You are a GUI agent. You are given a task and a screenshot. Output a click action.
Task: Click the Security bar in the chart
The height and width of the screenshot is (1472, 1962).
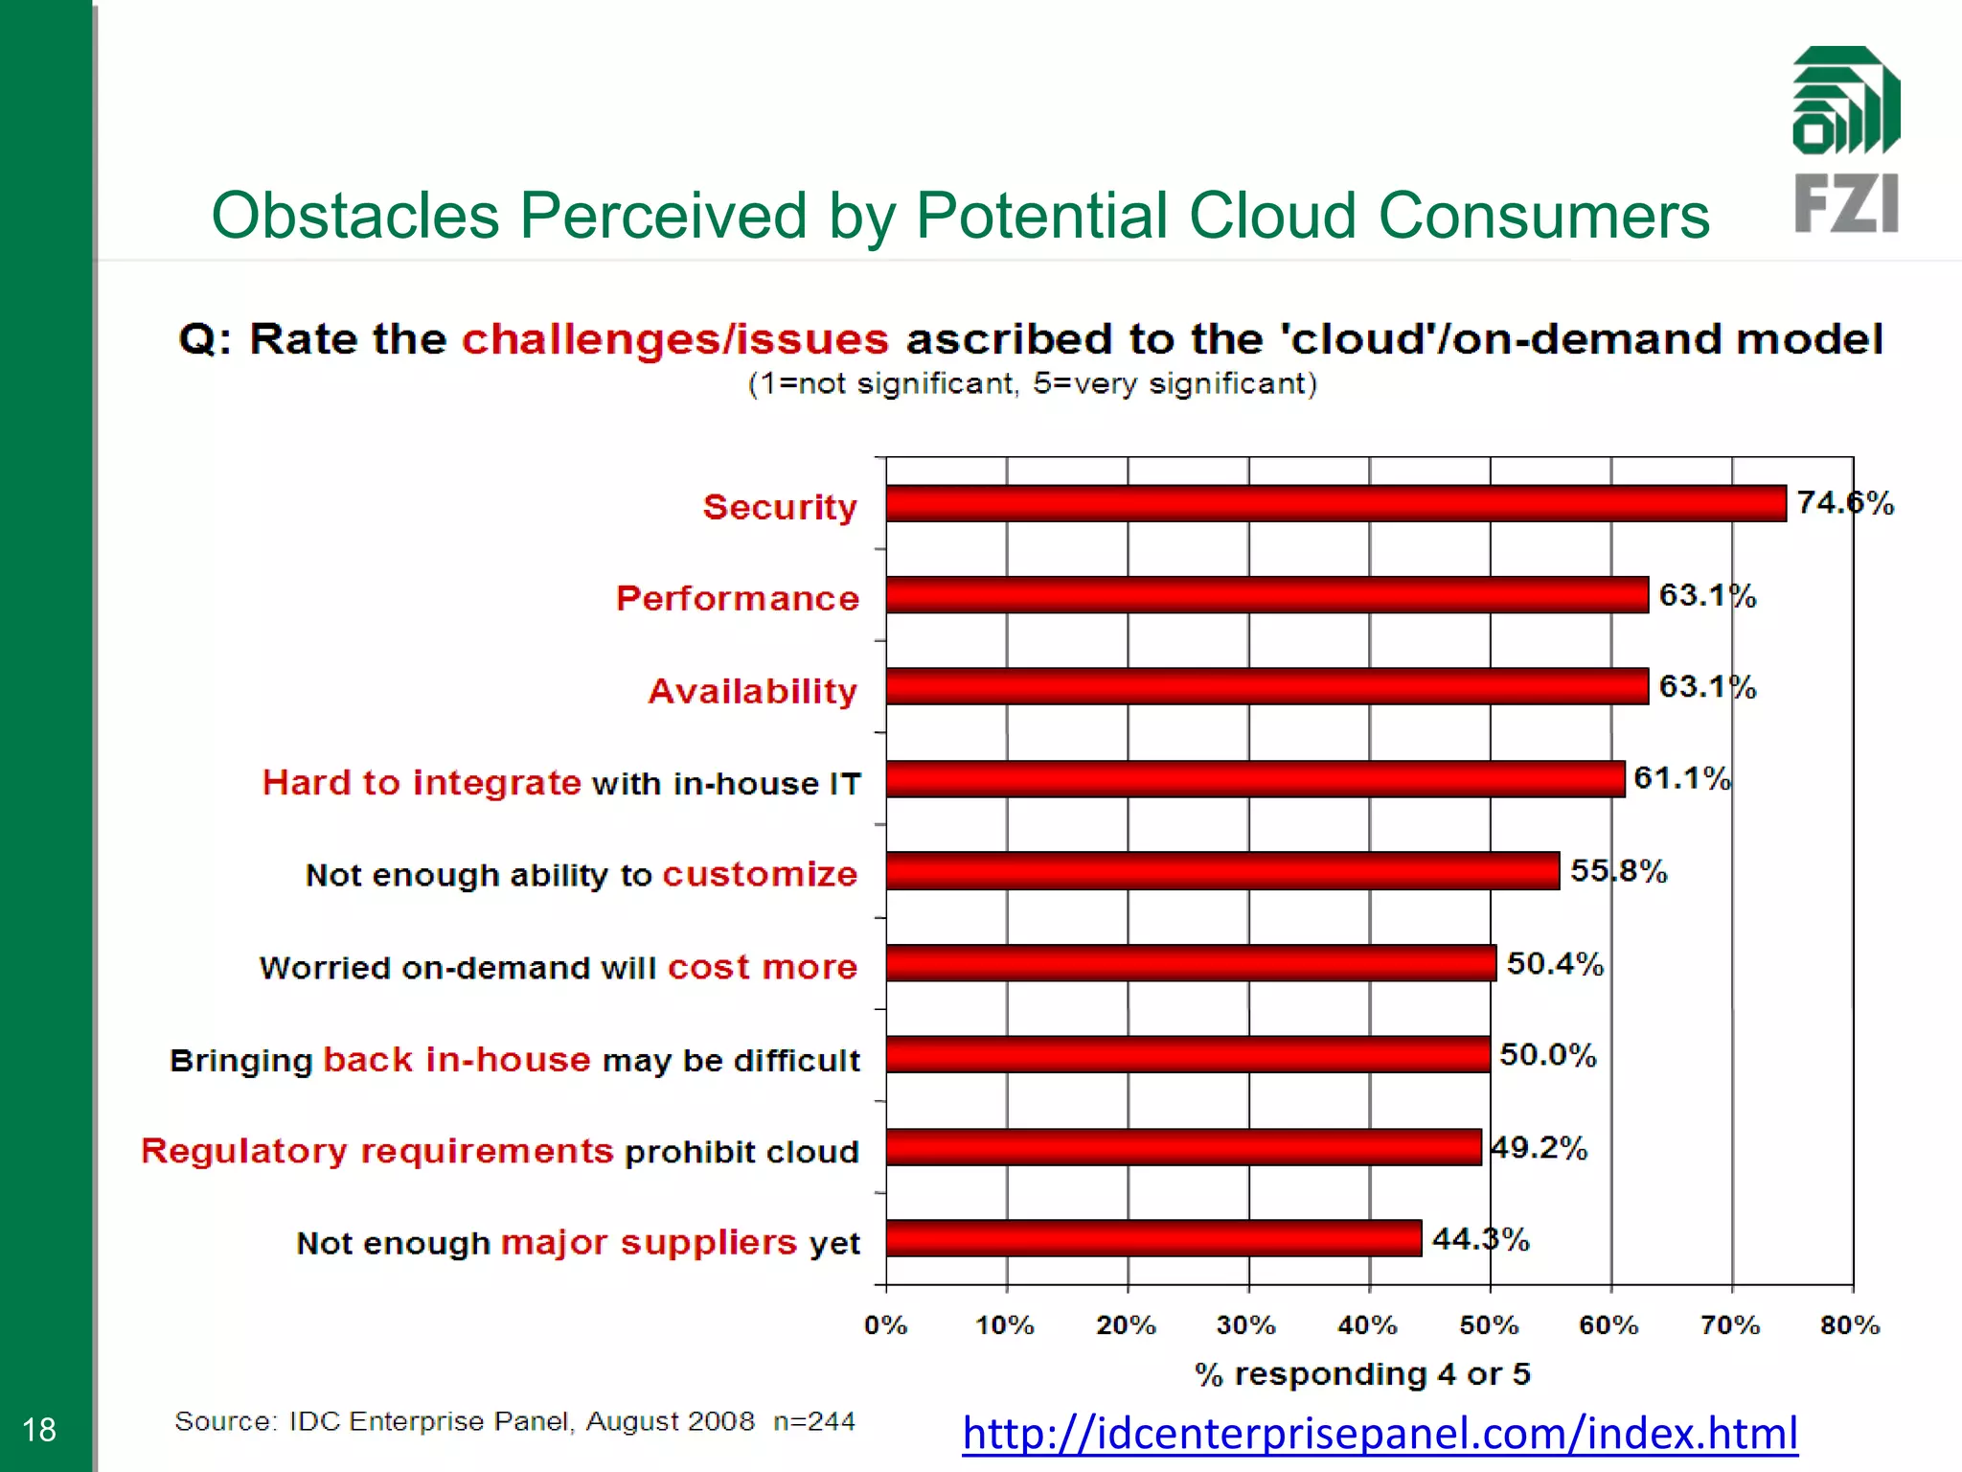pyautogui.click(x=1335, y=503)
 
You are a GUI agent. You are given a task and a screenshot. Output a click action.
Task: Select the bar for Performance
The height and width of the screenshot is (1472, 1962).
pyautogui.click(x=1266, y=595)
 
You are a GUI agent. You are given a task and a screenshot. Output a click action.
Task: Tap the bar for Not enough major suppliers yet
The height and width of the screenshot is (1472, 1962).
pyautogui.click(x=1153, y=1238)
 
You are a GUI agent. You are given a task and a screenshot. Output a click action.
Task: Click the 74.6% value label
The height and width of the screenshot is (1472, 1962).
pyautogui.click(x=1845, y=503)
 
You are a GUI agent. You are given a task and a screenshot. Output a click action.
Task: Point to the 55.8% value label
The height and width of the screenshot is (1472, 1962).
pyautogui.click(x=1618, y=871)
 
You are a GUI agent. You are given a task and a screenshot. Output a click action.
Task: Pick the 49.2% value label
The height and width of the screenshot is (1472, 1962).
pyautogui.click(x=1539, y=1147)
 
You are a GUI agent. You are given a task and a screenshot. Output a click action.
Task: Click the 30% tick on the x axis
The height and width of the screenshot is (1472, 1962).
pyautogui.click(x=1245, y=1325)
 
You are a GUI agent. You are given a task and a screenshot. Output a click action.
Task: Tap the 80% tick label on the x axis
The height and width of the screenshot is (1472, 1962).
pyautogui.click(x=1850, y=1325)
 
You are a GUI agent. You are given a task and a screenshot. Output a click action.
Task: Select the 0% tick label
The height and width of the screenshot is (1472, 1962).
pyautogui.click(x=885, y=1325)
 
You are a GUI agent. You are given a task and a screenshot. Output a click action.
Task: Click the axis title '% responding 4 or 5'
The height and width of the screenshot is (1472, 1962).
pyautogui.click(x=1362, y=1374)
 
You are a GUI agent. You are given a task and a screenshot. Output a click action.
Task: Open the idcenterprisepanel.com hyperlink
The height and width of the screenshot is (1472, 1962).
pyautogui.click(x=1380, y=1434)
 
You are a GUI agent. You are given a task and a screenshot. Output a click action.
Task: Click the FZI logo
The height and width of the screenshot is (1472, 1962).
pyautogui.click(x=1846, y=140)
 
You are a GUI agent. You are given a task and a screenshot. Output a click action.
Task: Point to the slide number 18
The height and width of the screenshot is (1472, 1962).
pyautogui.click(x=39, y=1430)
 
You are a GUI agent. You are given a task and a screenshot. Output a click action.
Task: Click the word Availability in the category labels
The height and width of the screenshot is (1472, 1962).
pyautogui.click(x=753, y=691)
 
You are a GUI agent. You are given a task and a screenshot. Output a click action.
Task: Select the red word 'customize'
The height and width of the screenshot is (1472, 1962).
pyautogui.click(x=760, y=874)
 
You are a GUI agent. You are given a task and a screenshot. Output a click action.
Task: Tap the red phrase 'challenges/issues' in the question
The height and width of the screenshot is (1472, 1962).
pyautogui.click(x=675, y=339)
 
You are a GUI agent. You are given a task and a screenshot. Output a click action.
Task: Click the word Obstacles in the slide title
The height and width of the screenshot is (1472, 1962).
pyautogui.click(x=354, y=216)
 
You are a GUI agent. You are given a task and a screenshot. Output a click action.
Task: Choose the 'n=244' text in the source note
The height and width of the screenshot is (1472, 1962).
pyautogui.click(x=814, y=1421)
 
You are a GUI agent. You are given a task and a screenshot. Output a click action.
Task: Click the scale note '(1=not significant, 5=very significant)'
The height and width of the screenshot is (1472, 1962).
pyautogui.click(x=1032, y=384)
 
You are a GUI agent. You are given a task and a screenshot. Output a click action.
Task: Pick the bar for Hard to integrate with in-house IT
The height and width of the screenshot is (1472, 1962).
pyautogui.click(x=1255, y=779)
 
